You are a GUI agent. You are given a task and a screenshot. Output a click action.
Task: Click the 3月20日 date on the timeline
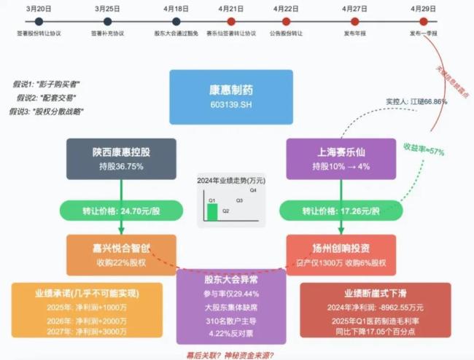(x=38, y=8)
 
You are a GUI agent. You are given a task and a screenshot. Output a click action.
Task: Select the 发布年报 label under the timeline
(x=355, y=34)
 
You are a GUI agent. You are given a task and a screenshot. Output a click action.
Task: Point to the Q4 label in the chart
(x=253, y=189)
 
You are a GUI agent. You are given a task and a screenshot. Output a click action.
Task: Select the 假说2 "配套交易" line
(x=45, y=98)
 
